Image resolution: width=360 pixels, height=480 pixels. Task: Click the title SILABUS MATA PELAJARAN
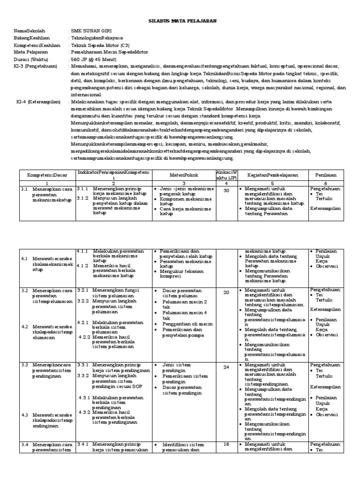click(180, 21)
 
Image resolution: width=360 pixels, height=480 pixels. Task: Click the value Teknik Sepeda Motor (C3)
click(100, 45)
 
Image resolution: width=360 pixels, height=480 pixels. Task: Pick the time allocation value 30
click(226, 190)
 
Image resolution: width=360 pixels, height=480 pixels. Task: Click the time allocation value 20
click(226, 292)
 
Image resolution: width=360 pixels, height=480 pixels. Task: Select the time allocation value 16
click(226, 444)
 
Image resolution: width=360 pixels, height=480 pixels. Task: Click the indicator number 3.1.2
click(83, 198)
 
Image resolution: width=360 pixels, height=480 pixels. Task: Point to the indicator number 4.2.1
click(84, 322)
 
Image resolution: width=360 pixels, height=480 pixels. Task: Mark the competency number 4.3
click(25, 415)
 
